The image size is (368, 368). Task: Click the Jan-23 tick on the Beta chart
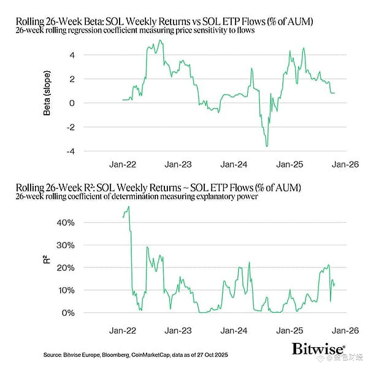[178, 164]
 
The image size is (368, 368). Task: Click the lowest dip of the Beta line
[267, 146]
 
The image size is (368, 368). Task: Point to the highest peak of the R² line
[129, 207]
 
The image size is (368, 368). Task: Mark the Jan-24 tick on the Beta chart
[233, 164]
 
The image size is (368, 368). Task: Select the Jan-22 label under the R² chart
[123, 329]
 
